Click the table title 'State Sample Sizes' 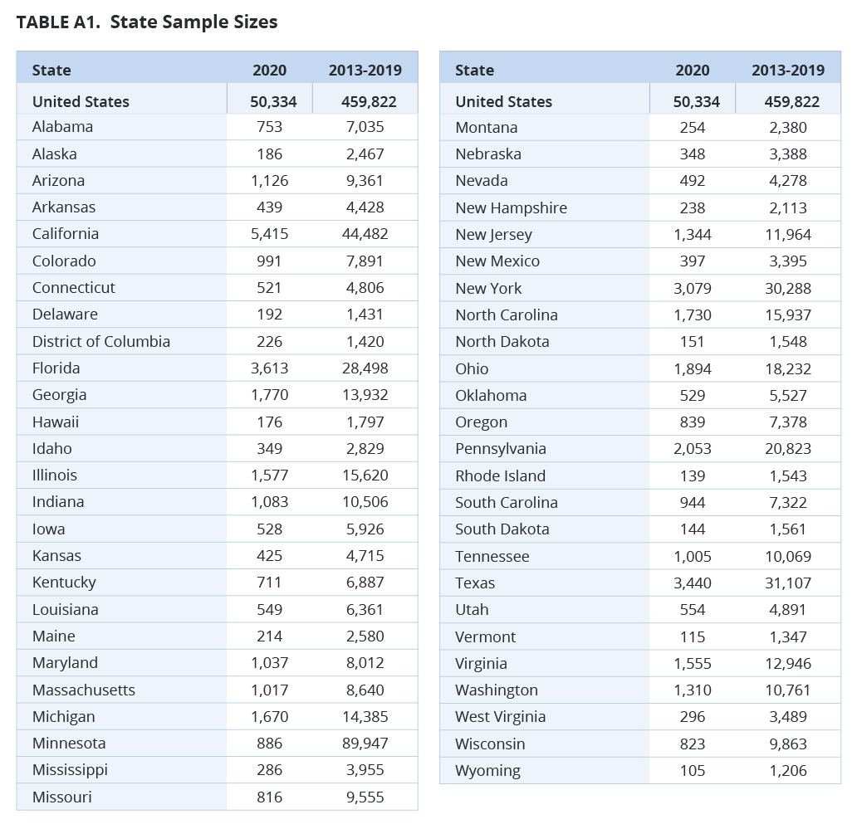pyautogui.click(x=193, y=22)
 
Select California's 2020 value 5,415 pyautogui.click(x=269, y=234)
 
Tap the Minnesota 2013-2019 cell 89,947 pyautogui.click(x=365, y=744)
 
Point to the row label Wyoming pyautogui.click(x=488, y=771)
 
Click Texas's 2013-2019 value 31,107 pyautogui.click(x=788, y=583)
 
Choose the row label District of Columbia pyautogui.click(x=101, y=342)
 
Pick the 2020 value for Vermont pyautogui.click(x=692, y=637)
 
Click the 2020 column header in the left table pyautogui.click(x=269, y=71)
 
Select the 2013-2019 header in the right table pyautogui.click(x=788, y=71)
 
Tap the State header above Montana pyautogui.click(x=474, y=71)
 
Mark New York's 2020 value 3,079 pyautogui.click(x=692, y=289)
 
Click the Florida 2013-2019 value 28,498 pyautogui.click(x=365, y=368)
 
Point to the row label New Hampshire pyautogui.click(x=511, y=208)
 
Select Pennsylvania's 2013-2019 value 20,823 pyautogui.click(x=788, y=449)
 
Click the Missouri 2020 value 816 pyautogui.click(x=269, y=797)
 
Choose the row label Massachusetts pyautogui.click(x=84, y=690)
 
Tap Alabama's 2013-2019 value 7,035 pyautogui.click(x=365, y=127)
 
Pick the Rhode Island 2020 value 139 pyautogui.click(x=692, y=476)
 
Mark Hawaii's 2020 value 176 pyautogui.click(x=269, y=422)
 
